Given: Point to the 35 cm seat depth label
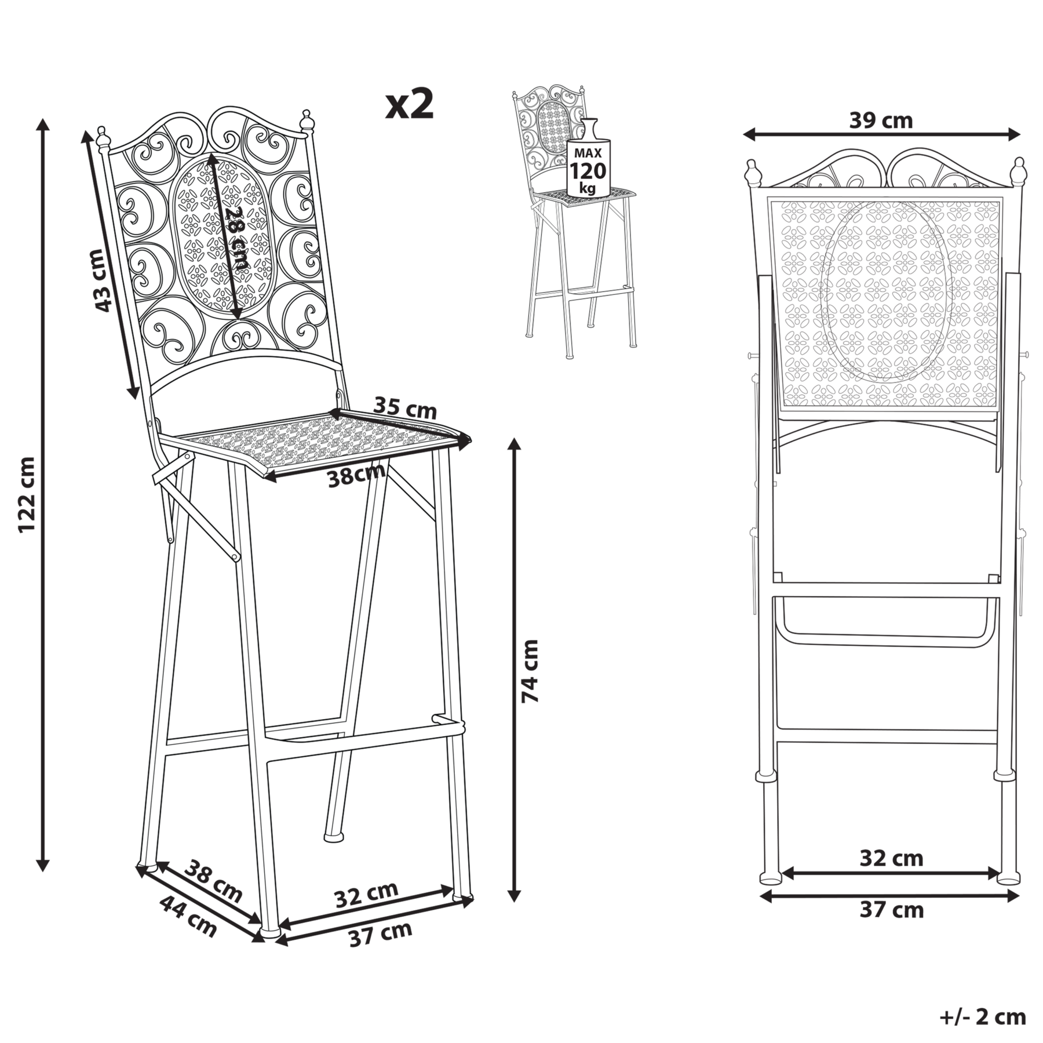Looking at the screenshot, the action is coord(404,407).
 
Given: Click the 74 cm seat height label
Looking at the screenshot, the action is coord(530,671).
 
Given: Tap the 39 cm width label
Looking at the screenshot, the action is coord(881,121).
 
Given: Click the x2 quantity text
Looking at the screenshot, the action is coord(410,104).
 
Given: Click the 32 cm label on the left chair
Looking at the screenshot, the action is coord(366,895).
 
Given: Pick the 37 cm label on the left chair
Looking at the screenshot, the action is coord(381,934).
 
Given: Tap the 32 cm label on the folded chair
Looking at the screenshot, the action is coord(891,858).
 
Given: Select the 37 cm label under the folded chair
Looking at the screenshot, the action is coord(891,910).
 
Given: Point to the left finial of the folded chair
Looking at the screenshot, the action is coord(752,173).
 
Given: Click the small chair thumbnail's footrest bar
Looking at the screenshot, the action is coord(600,289).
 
